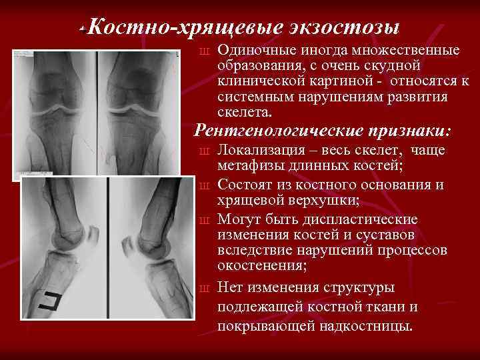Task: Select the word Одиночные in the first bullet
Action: (x=252, y=51)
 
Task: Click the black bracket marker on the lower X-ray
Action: (x=49, y=302)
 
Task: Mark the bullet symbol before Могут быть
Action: (x=205, y=220)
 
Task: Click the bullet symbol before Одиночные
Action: (x=205, y=52)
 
